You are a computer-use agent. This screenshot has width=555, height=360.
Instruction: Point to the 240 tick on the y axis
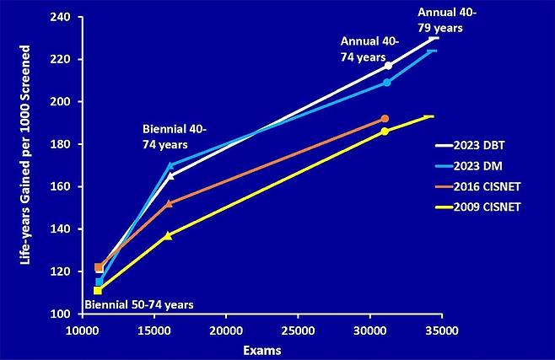point(65,16)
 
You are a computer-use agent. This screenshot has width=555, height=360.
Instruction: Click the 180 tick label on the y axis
point(65,144)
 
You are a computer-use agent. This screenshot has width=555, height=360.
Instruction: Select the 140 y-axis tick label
point(65,229)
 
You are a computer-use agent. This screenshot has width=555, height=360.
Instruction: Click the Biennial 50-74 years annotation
point(138,304)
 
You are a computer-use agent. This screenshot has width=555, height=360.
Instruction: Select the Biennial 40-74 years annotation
point(175,137)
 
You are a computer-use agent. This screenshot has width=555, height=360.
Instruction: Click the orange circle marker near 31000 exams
point(385,119)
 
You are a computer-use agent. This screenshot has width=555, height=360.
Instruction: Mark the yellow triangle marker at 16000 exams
point(169,235)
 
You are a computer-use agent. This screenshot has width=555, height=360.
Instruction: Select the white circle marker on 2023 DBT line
point(388,66)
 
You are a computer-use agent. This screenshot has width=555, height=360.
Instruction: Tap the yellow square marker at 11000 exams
point(98,291)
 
